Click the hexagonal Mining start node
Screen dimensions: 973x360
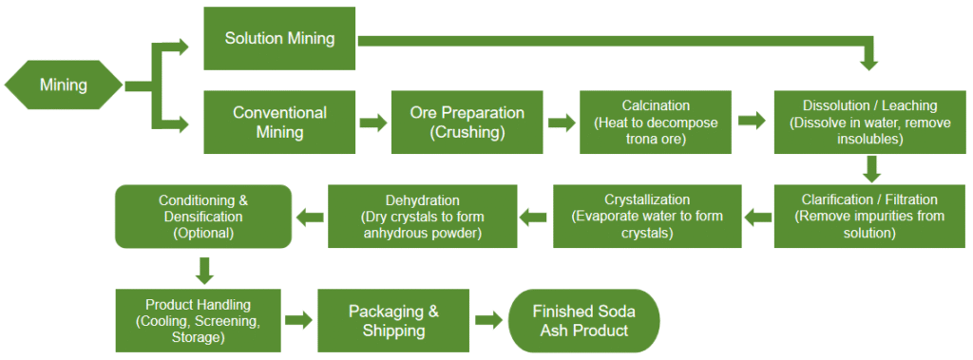coord(64,85)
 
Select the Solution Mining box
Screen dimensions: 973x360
coord(280,39)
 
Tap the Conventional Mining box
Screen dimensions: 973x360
coord(280,123)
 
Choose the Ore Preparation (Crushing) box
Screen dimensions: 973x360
coord(467,123)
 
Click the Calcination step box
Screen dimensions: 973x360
coord(656,123)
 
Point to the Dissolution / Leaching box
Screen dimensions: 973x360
coord(869,123)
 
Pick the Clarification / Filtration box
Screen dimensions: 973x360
coord(869,217)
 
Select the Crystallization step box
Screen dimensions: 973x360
coord(646,217)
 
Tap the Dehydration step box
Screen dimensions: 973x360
coord(422,217)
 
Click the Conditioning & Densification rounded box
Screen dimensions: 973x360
coord(203,217)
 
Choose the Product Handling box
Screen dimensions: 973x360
coord(198,321)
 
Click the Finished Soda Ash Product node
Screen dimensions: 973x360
coord(584,321)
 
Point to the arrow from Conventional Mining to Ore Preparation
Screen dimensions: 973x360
coord(373,123)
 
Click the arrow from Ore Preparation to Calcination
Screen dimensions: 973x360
coord(563,123)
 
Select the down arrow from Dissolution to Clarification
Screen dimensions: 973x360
coord(872,169)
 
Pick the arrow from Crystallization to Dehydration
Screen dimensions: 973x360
coord(534,217)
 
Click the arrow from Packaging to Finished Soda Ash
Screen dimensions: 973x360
coord(489,321)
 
